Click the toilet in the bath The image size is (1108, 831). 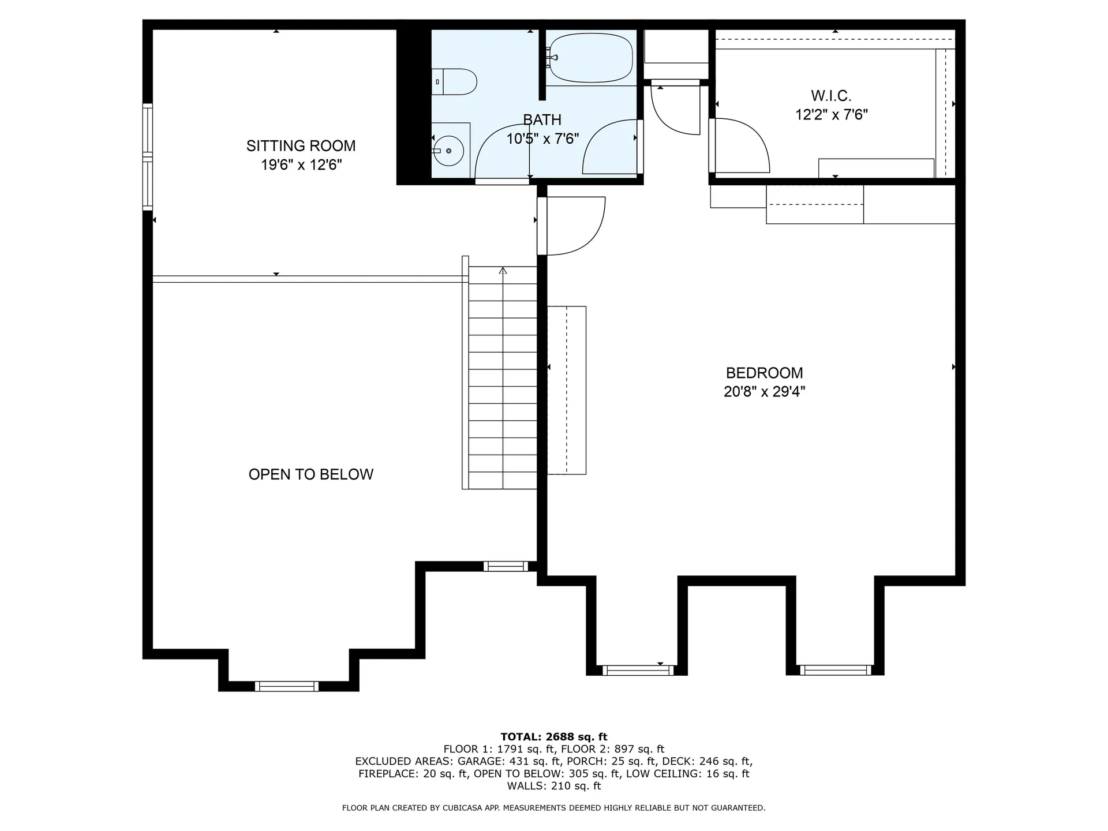(x=454, y=82)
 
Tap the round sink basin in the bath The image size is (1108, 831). (x=448, y=151)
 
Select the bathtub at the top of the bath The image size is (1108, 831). (x=590, y=58)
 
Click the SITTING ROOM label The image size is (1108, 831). (x=301, y=146)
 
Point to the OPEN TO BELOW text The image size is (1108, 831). (x=311, y=474)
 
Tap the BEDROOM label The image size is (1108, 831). (x=765, y=373)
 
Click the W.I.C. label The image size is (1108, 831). (x=831, y=96)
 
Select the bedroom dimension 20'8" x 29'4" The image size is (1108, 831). (x=765, y=392)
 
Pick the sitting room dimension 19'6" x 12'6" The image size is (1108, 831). (x=301, y=165)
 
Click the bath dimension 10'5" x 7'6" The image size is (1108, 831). (x=542, y=139)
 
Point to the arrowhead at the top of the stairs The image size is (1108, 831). (x=503, y=270)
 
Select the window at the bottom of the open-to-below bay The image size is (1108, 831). (x=287, y=686)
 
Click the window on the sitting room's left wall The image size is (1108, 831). (x=148, y=156)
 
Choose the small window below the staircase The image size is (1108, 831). (x=506, y=566)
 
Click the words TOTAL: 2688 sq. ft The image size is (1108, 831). (x=554, y=737)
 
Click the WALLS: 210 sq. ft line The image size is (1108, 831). (x=554, y=786)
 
